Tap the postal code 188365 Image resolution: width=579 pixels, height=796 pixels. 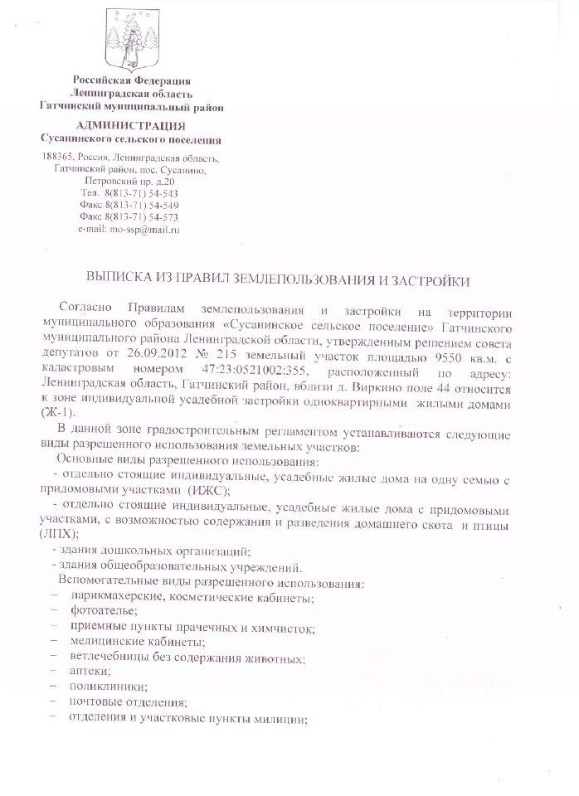point(57,158)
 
